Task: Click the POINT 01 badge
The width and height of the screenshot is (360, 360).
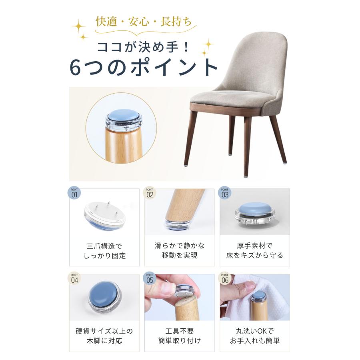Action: pyautogui.click(x=74, y=193)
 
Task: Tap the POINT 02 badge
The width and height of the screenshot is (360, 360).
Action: pyautogui.click(x=150, y=193)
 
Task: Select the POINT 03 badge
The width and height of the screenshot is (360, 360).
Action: pyautogui.click(x=225, y=193)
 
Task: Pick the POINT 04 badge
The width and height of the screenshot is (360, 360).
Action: pyautogui.click(x=74, y=278)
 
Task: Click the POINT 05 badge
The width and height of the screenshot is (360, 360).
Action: pyautogui.click(x=150, y=278)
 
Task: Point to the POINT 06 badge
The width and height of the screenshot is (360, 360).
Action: pyautogui.click(x=225, y=278)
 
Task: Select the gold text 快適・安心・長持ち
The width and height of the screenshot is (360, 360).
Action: pyautogui.click(x=144, y=22)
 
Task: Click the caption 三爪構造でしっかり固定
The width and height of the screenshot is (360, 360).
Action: pyautogui.click(x=104, y=250)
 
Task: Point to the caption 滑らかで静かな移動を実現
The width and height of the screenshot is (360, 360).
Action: pyautogui.click(x=180, y=250)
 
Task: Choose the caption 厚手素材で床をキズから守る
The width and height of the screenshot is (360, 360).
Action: pyautogui.click(x=255, y=250)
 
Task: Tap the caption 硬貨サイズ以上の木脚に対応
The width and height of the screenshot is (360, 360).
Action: pyautogui.click(x=104, y=336)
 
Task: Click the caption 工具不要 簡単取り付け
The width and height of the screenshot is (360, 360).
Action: pyautogui.click(x=180, y=336)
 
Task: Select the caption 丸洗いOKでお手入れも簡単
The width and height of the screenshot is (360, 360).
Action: pyautogui.click(x=255, y=336)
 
